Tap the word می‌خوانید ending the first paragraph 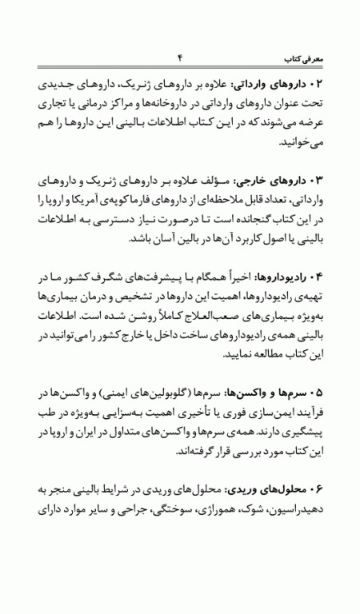click(x=300, y=142)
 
